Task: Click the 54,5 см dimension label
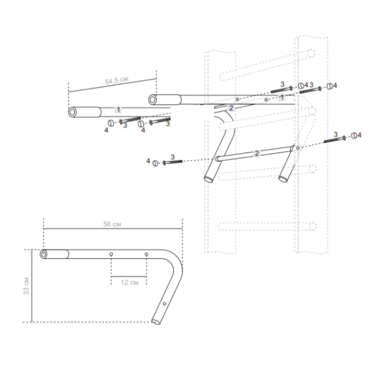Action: pos(117,80)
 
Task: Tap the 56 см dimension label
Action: pos(112,224)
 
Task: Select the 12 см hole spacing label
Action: pos(129,282)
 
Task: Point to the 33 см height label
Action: pos(26,286)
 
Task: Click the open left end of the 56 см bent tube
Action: pos(43,254)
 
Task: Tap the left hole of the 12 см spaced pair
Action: pos(111,254)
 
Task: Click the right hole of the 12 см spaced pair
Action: pos(146,254)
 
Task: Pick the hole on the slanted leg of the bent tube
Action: pos(164,304)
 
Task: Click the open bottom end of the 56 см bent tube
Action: pos(156,322)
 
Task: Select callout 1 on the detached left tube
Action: pos(118,110)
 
